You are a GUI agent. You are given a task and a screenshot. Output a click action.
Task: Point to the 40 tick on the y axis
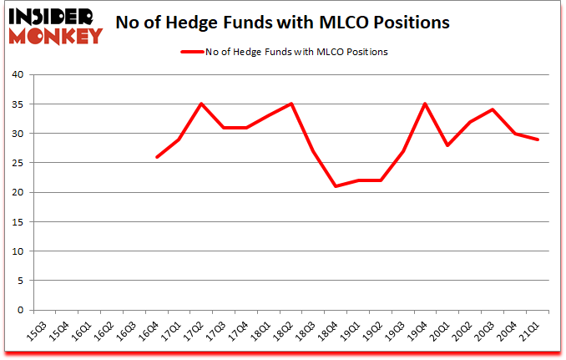19,75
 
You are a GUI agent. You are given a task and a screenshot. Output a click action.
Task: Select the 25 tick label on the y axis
19,163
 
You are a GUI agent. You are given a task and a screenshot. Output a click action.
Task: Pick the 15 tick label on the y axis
19,222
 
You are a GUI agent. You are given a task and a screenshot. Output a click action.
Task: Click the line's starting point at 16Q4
156,157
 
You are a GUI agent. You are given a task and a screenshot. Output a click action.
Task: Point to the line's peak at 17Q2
201,104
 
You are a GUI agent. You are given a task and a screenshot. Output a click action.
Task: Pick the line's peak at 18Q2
291,104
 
